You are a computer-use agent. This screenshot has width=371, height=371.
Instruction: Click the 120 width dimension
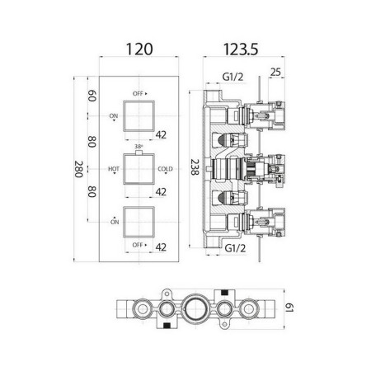point(139,49)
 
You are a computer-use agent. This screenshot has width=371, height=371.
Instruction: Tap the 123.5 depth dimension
point(241,49)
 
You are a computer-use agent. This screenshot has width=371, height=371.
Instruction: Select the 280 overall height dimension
point(78,169)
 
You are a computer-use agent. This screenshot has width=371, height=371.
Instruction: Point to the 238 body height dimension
point(195,167)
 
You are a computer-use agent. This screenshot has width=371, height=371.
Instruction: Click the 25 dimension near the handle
point(275,72)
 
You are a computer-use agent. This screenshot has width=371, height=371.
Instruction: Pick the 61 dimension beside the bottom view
point(289,308)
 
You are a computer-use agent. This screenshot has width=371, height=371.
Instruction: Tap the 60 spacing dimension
point(92,96)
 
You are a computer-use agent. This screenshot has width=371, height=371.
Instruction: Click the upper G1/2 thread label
point(232,77)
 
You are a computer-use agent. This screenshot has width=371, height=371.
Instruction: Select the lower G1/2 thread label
point(235,248)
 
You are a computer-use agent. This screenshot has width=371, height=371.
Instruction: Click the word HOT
point(114,169)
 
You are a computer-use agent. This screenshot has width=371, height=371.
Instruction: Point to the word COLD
point(165,169)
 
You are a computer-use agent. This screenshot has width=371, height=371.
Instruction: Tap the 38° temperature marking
point(139,146)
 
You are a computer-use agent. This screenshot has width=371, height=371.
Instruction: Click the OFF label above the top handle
point(138,93)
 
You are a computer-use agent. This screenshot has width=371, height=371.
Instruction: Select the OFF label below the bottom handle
point(138,245)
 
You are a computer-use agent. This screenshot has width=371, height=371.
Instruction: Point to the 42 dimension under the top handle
point(161,135)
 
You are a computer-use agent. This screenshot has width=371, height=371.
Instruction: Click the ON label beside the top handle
point(114,116)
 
